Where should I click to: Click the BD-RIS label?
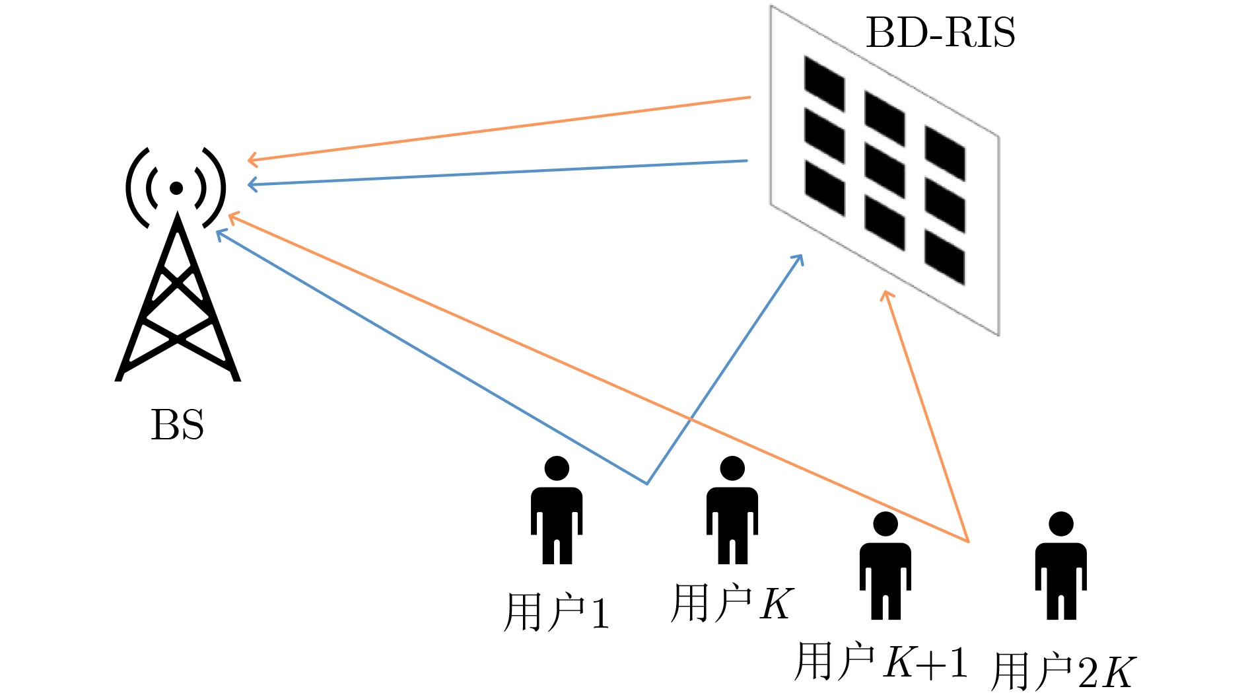(x=940, y=32)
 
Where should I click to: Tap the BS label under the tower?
(x=177, y=425)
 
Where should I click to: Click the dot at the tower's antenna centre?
(x=176, y=188)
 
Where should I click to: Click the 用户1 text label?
(x=556, y=612)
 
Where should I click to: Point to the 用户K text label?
(x=732, y=603)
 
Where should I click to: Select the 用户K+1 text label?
(x=881, y=661)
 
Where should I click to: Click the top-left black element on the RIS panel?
(x=824, y=84)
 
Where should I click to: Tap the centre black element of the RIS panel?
(x=884, y=170)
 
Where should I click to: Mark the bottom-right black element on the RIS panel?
(x=944, y=257)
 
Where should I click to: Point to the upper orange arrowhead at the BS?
(x=250, y=159)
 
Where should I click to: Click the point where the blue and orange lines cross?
(x=690, y=419)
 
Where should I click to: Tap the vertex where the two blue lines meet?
(x=647, y=484)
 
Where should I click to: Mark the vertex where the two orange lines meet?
(x=968, y=542)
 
